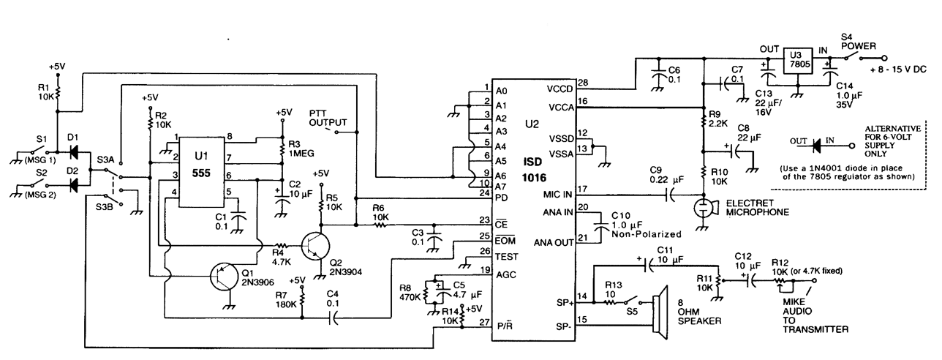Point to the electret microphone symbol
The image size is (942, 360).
coord(704,206)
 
